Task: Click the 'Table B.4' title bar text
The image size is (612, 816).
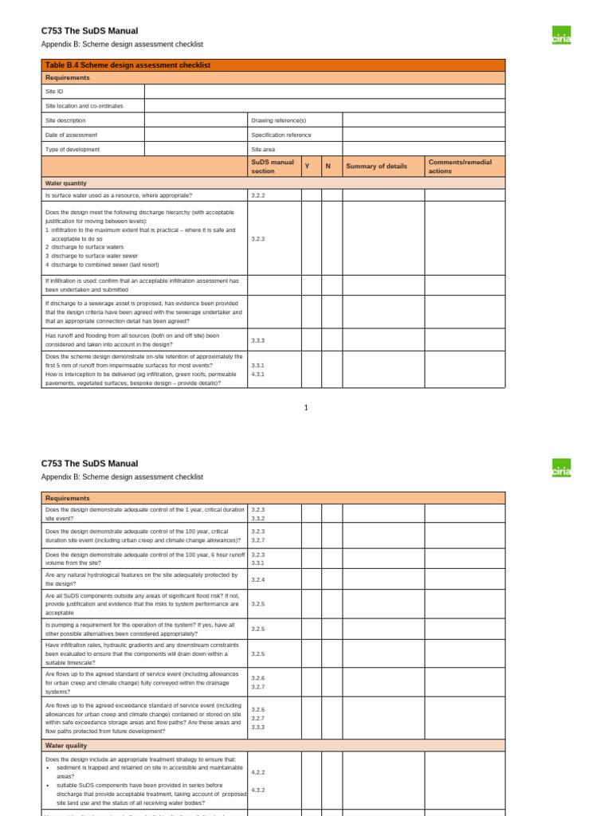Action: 127,65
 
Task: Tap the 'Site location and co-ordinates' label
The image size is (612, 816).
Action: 84,106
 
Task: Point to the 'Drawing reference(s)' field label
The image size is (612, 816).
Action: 278,120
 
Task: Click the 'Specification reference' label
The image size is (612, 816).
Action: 281,135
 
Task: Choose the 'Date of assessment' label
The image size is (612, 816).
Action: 72,135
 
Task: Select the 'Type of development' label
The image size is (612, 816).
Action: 73,149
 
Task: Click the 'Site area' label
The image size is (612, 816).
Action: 263,149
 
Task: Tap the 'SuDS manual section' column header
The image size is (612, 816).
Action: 273,167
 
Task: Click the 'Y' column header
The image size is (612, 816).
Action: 307,167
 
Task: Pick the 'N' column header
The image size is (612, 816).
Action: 328,167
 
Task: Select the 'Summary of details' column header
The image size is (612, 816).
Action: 376,167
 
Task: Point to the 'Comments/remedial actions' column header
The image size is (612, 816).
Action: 460,167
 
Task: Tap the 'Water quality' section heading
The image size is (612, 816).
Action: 66,745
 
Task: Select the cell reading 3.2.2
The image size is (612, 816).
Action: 258,195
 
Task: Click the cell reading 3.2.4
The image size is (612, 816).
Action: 258,579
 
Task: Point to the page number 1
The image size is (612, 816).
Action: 305,407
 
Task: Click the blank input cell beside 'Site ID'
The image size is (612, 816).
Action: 324,92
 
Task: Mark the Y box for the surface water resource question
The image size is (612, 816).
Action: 311,195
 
